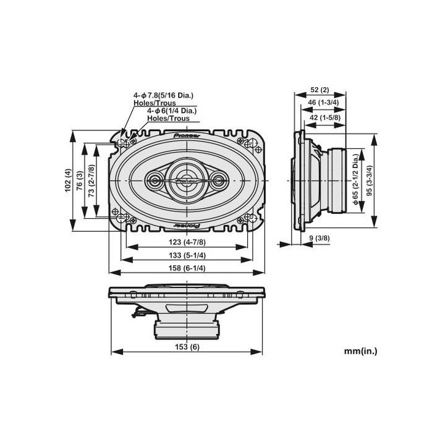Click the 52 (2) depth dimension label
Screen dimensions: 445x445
tap(319, 90)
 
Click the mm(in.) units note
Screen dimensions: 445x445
tap(360, 350)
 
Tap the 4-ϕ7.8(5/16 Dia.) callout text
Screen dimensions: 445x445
tap(163, 95)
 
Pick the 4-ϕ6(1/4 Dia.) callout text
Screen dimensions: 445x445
tap(172, 111)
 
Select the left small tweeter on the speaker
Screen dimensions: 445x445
tap(154, 180)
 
